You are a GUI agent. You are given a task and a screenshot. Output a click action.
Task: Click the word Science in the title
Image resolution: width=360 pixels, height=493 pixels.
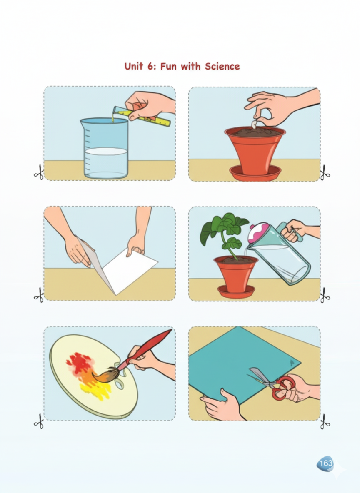pos(222,66)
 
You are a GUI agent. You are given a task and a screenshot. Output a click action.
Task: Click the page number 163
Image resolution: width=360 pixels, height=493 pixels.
pos(326,463)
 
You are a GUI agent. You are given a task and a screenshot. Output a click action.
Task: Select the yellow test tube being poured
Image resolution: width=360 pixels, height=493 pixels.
pos(142,116)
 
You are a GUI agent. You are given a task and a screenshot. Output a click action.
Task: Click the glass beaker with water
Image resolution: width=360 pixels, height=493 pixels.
pos(105,148)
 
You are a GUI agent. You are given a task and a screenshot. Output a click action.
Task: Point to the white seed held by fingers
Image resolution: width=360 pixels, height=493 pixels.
pos(255,124)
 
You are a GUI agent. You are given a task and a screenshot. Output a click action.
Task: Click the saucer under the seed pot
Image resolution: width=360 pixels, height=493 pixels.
pos(255,173)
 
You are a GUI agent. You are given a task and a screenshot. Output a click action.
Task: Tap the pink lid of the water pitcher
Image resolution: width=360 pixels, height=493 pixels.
pos(259,233)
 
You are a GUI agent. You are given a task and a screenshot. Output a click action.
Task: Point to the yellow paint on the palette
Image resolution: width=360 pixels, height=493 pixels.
pos(95,389)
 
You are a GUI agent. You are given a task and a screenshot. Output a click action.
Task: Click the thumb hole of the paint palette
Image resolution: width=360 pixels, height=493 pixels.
pos(119,384)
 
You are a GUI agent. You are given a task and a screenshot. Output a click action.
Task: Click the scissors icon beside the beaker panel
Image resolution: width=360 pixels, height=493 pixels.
pos(39,172)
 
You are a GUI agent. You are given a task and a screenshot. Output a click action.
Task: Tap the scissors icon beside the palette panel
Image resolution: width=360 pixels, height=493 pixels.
pos(39,421)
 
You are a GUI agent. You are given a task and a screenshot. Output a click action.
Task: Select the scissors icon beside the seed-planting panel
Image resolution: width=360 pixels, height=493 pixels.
pos(325,173)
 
